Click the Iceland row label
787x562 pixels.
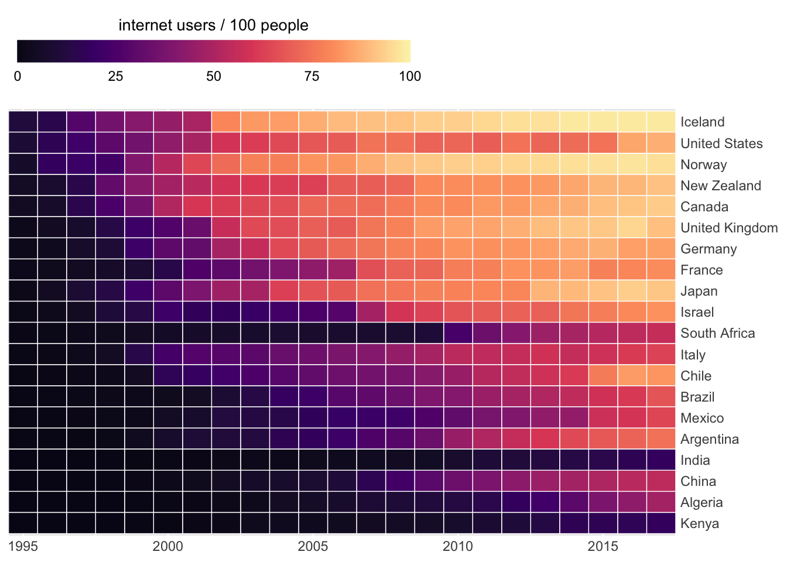[702, 122]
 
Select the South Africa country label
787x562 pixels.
[717, 333]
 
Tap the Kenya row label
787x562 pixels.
[699, 523]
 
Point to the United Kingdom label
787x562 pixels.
[728, 228]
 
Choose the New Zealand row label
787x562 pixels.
[720, 186]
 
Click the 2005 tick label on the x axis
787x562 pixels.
[313, 547]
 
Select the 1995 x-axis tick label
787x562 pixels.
[23, 547]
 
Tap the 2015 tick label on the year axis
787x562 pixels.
[603, 547]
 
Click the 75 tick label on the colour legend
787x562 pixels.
[312, 76]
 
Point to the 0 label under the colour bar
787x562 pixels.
[18, 76]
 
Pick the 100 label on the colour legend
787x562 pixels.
[410, 76]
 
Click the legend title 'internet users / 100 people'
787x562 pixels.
[213, 25]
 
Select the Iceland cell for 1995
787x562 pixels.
[23, 122]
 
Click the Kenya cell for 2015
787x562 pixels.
[603, 523]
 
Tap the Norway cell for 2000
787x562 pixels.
[168, 165]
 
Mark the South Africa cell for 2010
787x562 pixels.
[458, 333]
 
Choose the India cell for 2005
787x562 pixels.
[313, 460]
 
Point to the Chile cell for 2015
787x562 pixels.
[603, 376]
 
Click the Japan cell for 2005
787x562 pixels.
[313, 291]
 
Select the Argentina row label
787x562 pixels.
[709, 439]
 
